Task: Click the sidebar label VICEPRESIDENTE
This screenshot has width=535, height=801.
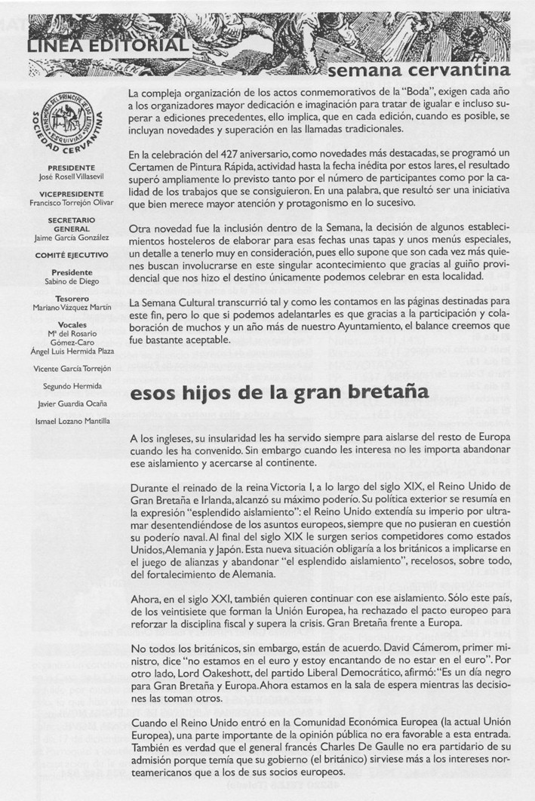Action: pyautogui.click(x=70, y=192)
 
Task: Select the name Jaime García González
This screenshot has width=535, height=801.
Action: pyautogui.click(x=70, y=237)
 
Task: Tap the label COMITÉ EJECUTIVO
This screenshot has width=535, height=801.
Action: pyautogui.click(x=70, y=254)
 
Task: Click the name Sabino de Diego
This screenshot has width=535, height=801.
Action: pyautogui.click(x=70, y=281)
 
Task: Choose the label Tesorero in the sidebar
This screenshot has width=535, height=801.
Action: pyautogui.click(x=70, y=299)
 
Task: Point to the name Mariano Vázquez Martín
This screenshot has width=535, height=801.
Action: pyautogui.click(x=70, y=308)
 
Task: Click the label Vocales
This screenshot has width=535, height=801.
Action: pyautogui.click(x=70, y=324)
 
